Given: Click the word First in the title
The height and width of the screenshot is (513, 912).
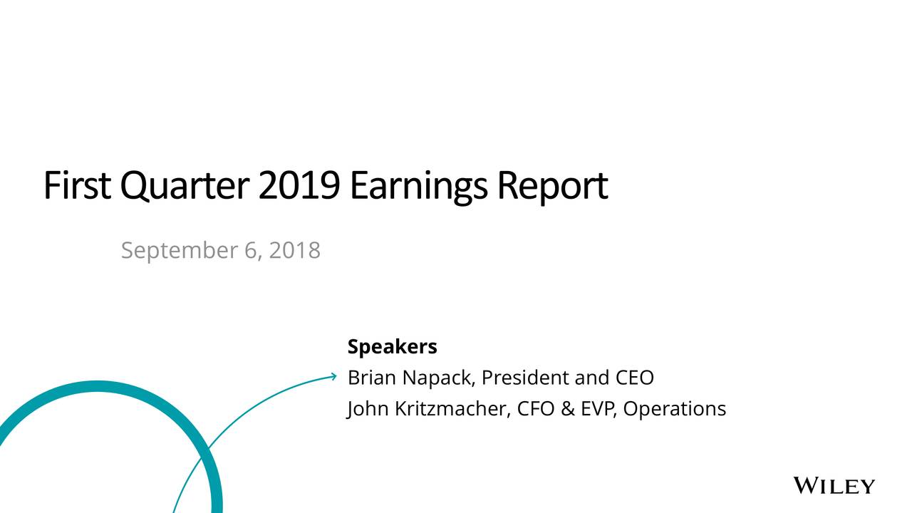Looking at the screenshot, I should point(77,185).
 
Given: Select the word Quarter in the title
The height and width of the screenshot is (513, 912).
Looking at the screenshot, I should point(184,187).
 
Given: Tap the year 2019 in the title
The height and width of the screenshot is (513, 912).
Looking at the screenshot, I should point(299,185).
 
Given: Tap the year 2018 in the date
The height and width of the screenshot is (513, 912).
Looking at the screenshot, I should point(295,250).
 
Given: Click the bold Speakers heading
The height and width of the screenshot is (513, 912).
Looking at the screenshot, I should point(392,348).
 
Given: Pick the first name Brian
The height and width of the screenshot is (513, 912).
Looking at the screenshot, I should point(371,378).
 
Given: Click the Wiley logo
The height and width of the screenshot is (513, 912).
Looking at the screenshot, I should point(834,487).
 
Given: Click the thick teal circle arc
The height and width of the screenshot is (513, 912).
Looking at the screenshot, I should point(100,386).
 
